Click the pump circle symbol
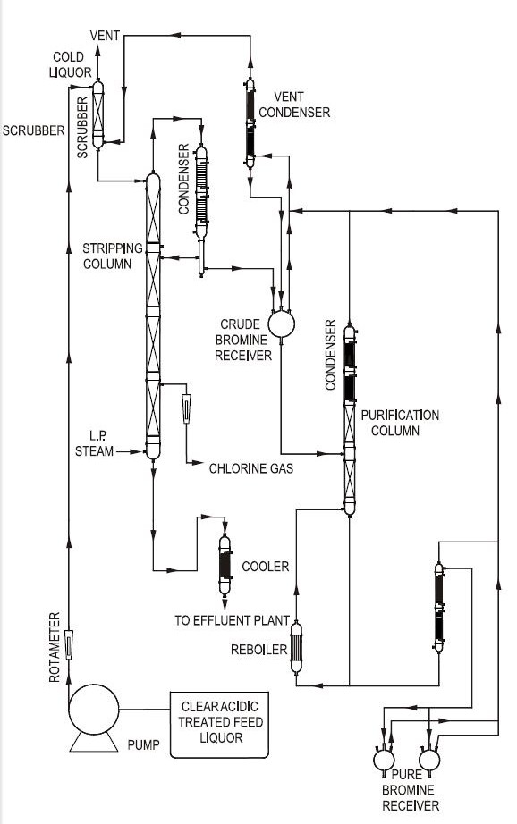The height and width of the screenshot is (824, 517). [x=94, y=709]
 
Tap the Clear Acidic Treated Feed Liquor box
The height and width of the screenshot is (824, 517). [x=219, y=725]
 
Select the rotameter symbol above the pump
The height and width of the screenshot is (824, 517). [x=68, y=644]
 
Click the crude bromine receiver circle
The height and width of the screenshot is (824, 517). [x=281, y=324]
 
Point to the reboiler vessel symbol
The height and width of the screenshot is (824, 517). [x=296, y=647]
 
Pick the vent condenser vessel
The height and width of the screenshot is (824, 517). [x=250, y=123]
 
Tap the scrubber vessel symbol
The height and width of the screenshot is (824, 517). [x=97, y=114]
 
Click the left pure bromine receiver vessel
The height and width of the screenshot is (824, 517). [x=384, y=760]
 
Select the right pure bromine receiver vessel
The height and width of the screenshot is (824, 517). [x=429, y=760]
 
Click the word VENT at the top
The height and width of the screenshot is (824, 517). [x=106, y=36]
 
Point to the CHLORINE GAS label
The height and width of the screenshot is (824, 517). [x=250, y=468]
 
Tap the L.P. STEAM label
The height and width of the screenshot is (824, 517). [x=95, y=443]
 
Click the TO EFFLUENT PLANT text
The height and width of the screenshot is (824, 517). [x=232, y=620]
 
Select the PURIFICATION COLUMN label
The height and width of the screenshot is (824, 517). [x=400, y=423]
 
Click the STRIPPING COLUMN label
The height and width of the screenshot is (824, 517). [x=112, y=256]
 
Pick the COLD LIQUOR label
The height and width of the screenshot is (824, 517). [x=70, y=64]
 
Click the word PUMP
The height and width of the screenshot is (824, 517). [x=144, y=745]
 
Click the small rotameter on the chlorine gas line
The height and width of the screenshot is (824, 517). [x=186, y=408]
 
